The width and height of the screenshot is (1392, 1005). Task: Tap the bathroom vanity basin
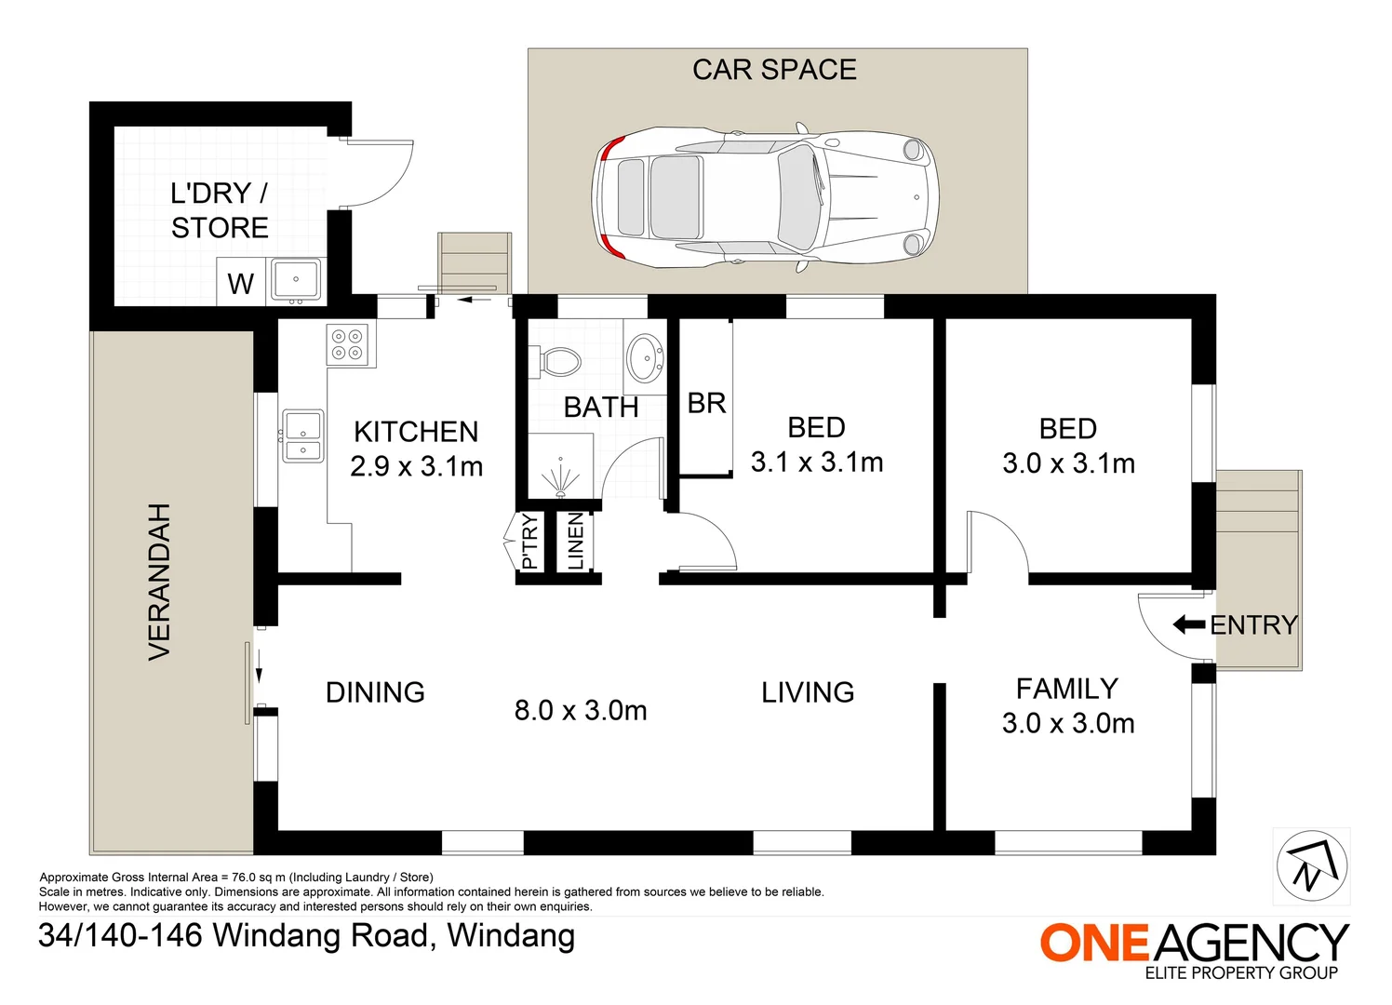pyautogui.click(x=646, y=358)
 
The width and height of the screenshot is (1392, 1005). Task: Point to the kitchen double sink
pyautogui.click(x=303, y=436)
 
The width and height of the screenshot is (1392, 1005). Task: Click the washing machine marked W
pyautogui.click(x=241, y=284)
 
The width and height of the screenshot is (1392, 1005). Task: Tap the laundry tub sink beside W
pyautogui.click(x=296, y=279)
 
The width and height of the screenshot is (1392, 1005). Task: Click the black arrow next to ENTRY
pyautogui.click(x=1188, y=624)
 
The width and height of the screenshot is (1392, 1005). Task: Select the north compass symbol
pyautogui.click(x=1312, y=866)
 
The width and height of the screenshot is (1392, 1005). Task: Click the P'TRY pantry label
pyautogui.click(x=529, y=542)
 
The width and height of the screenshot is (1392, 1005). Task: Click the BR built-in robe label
pyautogui.click(x=706, y=404)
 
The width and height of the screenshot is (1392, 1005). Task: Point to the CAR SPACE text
pyautogui.click(x=774, y=70)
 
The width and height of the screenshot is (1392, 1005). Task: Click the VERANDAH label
pyautogui.click(x=160, y=582)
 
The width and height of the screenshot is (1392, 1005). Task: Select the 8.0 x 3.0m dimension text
pyautogui.click(x=581, y=711)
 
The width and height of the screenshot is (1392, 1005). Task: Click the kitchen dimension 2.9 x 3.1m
pyautogui.click(x=416, y=466)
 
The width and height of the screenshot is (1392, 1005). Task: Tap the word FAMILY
pyautogui.click(x=1066, y=689)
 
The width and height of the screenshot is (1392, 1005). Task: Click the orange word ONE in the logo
pyautogui.click(x=1095, y=943)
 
